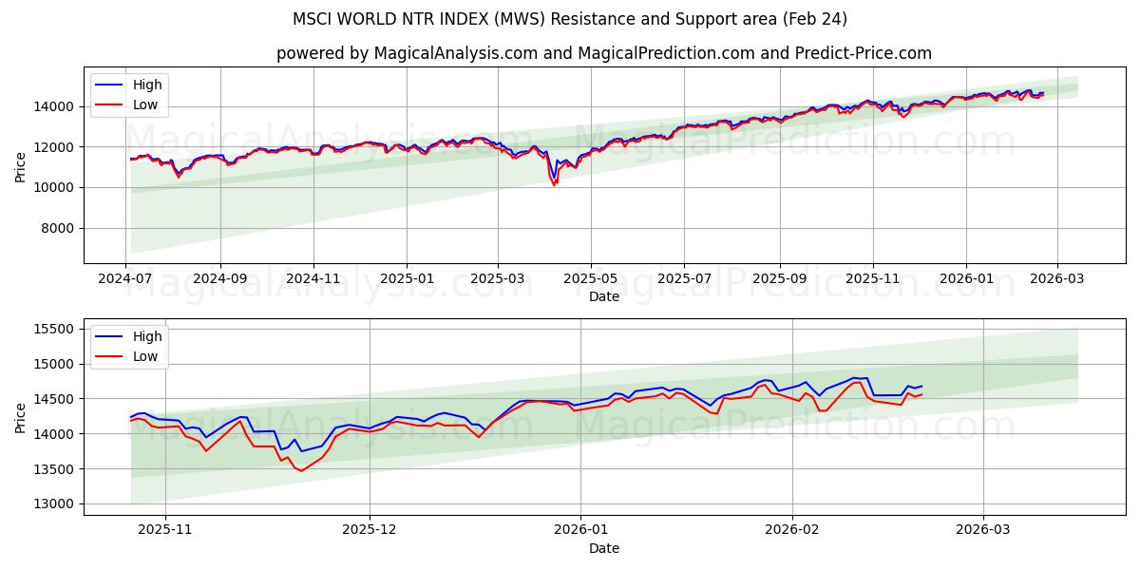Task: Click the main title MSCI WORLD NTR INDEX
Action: point(570,19)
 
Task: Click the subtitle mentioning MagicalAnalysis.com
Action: point(604,53)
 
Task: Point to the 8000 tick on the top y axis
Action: point(56,228)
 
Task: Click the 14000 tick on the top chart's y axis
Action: point(52,106)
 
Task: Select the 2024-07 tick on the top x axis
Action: point(126,279)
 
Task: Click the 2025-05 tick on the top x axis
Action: point(591,279)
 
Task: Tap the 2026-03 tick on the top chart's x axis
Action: point(1057,279)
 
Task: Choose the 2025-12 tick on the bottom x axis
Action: point(370,531)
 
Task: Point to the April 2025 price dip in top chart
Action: point(555,183)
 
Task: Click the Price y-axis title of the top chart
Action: point(21,167)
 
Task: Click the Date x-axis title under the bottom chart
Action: point(604,548)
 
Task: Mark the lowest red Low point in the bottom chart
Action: point(301,470)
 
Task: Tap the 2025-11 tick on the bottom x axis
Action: point(165,531)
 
